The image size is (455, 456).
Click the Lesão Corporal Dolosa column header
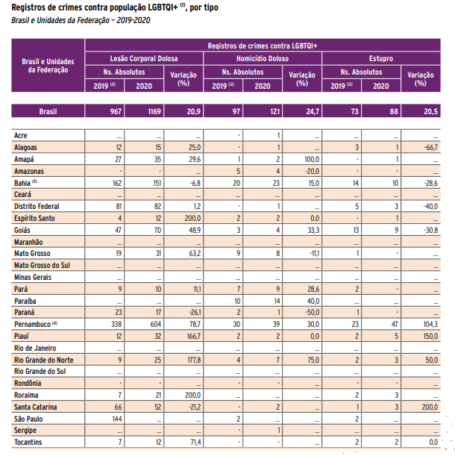(x=144, y=58)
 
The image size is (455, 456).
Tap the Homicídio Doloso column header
(x=262, y=58)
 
